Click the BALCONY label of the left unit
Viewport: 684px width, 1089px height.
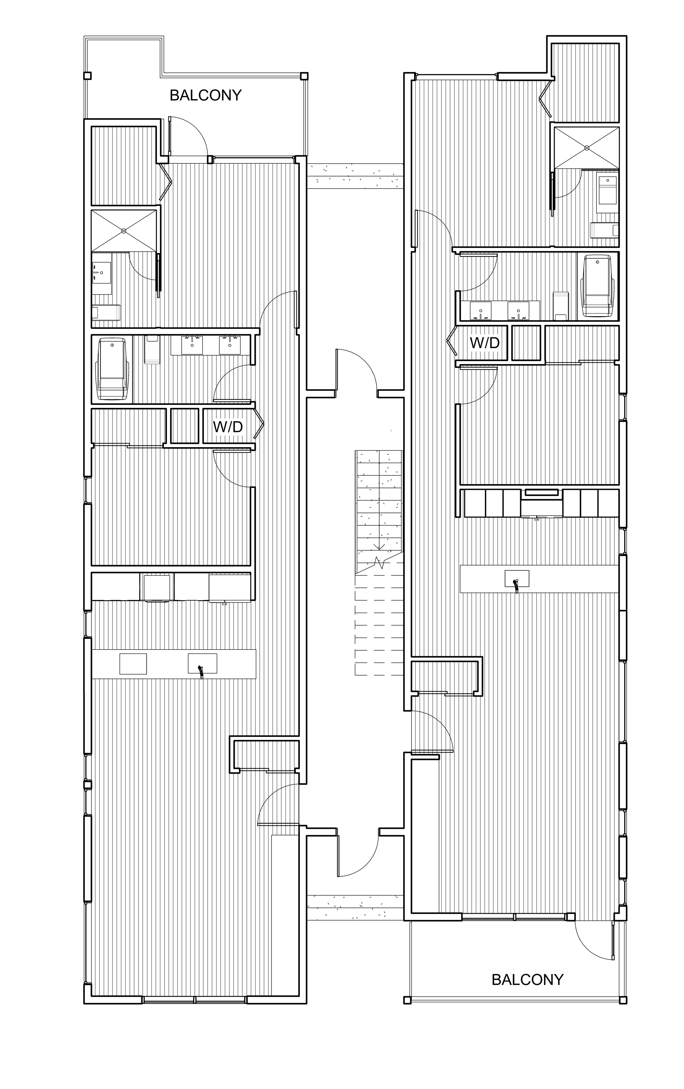[x=206, y=95]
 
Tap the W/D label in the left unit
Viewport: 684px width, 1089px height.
[x=228, y=426]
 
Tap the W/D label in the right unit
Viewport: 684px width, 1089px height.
[x=485, y=343]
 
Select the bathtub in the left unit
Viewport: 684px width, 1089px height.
[x=113, y=369]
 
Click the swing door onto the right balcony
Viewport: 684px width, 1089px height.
[x=594, y=939]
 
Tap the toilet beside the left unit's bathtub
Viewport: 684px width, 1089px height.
[x=152, y=349]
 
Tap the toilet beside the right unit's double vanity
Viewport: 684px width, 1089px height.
[x=561, y=306]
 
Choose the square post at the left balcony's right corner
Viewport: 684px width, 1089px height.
[x=304, y=76]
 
